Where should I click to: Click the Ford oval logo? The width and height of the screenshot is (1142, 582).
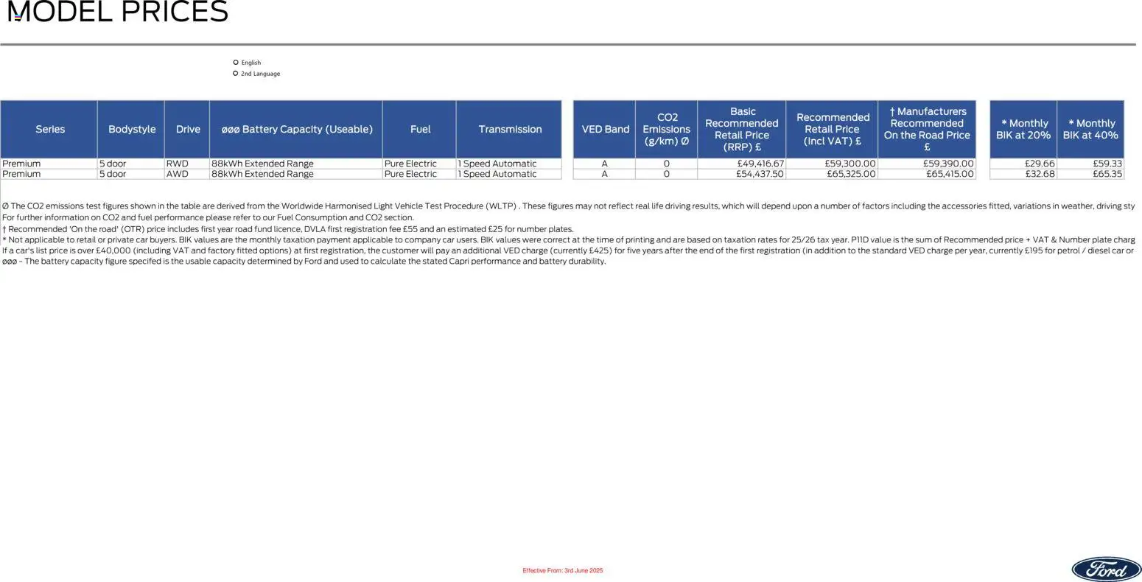point(1106,569)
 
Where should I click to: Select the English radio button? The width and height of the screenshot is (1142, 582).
point(236,63)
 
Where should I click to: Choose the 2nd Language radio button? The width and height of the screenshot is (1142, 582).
point(236,74)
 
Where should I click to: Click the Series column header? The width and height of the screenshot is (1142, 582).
point(49,129)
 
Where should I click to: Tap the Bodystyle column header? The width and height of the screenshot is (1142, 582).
point(131,129)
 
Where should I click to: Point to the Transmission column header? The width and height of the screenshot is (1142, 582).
point(509,129)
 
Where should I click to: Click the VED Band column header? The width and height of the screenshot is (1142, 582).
point(605,129)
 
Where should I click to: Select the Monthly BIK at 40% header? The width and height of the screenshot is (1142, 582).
point(1090,129)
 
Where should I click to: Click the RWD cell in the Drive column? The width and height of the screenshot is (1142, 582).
point(178,164)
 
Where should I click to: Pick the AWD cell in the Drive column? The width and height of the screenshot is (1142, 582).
point(178,174)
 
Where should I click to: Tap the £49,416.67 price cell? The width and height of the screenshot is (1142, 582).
point(760,164)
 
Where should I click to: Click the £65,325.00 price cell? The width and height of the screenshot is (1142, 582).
point(851,174)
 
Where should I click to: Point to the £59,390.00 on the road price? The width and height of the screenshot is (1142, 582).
point(948,164)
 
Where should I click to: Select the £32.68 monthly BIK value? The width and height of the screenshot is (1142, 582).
point(1040,174)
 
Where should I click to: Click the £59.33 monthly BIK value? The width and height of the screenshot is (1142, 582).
point(1107,164)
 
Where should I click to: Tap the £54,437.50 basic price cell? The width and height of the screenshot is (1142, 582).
point(760,174)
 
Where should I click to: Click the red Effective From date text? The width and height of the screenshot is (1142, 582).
point(562,571)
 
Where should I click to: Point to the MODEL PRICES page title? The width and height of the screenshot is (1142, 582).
point(118,13)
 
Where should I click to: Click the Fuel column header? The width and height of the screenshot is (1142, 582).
point(420,129)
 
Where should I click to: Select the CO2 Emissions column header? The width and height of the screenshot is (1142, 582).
point(667,129)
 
